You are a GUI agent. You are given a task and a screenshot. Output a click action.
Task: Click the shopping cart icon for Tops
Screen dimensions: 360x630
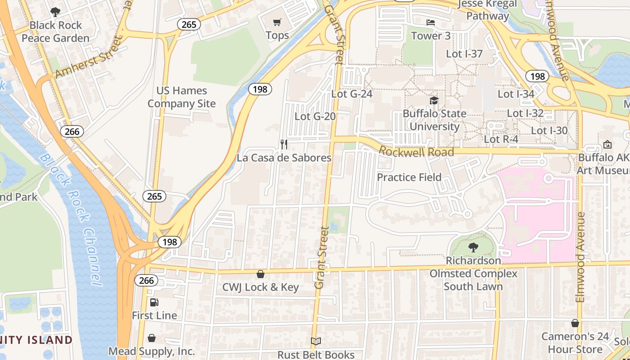pyautogui.click(x=277, y=22)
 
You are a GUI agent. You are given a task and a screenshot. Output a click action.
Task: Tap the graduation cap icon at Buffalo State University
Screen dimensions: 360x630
pyautogui.click(x=434, y=100)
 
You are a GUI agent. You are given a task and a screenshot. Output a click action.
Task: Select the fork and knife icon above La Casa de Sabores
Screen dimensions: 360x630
pyautogui.click(x=284, y=144)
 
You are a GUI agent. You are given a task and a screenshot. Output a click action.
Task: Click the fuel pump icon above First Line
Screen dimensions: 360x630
pyautogui.click(x=154, y=302)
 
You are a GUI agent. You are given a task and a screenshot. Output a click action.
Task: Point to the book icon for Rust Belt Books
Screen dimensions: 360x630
pyautogui.click(x=316, y=342)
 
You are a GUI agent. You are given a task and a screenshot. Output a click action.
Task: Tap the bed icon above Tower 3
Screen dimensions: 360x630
pyautogui.click(x=431, y=22)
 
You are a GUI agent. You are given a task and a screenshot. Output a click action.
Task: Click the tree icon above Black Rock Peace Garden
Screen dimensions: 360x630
pyautogui.click(x=55, y=12)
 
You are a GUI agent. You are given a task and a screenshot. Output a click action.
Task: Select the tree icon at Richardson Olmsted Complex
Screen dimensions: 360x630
pyautogui.click(x=473, y=247)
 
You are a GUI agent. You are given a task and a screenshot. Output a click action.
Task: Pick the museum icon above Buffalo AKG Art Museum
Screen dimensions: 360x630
pyautogui.click(x=607, y=144)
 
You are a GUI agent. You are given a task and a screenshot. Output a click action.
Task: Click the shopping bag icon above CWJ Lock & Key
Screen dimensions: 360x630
pyautogui.click(x=261, y=274)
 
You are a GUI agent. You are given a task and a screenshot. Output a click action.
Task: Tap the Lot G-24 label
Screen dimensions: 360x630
pyautogui.click(x=352, y=94)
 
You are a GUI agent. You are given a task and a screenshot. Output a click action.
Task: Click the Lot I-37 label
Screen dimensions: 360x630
pyautogui.click(x=464, y=54)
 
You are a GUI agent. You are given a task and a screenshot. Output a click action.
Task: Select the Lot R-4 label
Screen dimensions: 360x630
pyautogui.click(x=501, y=139)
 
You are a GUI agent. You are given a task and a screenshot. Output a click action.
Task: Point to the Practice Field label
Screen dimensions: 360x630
pyautogui.click(x=409, y=177)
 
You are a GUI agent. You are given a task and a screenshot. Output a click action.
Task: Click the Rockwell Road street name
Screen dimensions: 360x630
pyautogui.click(x=416, y=152)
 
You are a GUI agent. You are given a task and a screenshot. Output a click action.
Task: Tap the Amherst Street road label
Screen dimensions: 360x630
pyautogui.click(x=89, y=58)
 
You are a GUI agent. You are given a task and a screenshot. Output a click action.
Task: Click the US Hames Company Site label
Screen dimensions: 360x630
pyautogui.click(x=182, y=97)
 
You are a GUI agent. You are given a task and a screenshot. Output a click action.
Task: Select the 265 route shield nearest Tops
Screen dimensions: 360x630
pyautogui.click(x=189, y=24)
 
